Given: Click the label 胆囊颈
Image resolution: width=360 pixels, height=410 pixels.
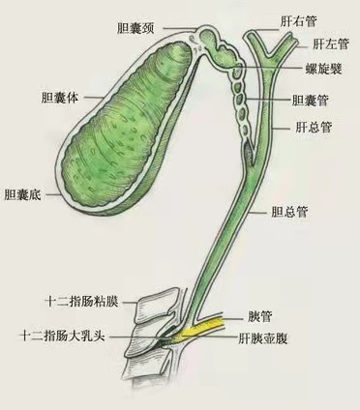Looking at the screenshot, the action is (x=135, y=29).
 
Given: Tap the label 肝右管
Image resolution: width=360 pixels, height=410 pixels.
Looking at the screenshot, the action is (x=299, y=21).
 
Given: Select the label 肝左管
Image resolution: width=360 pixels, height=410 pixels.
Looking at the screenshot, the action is (x=331, y=44).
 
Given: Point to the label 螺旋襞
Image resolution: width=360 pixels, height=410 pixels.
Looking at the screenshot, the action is (x=323, y=69).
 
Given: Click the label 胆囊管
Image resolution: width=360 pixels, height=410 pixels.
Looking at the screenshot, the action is (x=310, y=101).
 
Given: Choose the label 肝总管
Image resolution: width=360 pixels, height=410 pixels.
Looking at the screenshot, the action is (x=314, y=128).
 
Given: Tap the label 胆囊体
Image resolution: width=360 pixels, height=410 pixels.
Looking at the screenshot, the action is (x=60, y=98).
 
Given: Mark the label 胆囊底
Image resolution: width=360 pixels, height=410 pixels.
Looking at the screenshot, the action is (x=22, y=194).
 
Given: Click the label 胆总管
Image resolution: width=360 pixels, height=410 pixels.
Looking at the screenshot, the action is (x=289, y=212).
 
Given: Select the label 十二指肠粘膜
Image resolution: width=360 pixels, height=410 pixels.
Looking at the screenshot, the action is (x=82, y=302).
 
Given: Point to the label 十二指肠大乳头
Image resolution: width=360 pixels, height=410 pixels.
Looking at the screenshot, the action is (x=62, y=337).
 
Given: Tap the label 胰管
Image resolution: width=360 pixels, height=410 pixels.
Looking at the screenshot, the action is (x=259, y=317).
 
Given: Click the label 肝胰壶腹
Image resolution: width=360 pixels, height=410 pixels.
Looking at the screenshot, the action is (x=262, y=338).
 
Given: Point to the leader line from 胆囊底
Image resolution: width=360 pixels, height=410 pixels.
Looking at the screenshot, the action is (x=53, y=194).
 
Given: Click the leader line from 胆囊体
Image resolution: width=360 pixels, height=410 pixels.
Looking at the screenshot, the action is (x=93, y=97).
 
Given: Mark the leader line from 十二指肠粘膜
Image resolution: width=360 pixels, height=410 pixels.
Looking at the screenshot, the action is (x=131, y=303).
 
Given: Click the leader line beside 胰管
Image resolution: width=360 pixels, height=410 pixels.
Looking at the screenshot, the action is (x=233, y=318).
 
